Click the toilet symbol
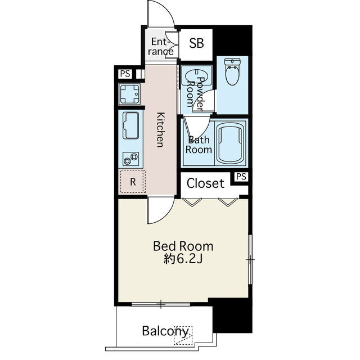232,71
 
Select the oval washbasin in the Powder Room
196,76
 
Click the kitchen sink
131,125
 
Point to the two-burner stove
130,159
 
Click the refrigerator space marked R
132,182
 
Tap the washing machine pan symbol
129,94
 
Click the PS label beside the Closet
241,177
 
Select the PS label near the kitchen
125,74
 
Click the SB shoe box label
196,43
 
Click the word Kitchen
161,130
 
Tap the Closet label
205,183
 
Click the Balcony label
165,331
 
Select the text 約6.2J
183,259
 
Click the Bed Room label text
183,246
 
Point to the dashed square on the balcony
183,335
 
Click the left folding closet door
192,201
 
